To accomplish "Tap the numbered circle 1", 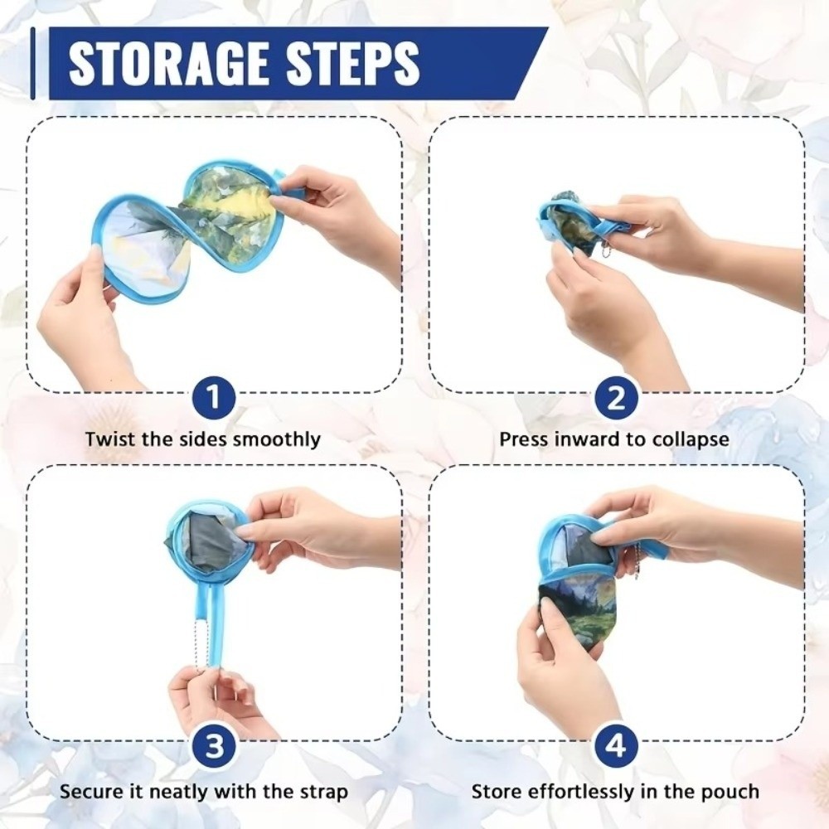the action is click(x=214, y=397).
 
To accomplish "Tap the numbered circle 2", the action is click(x=616, y=397).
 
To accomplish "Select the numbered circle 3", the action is click(x=214, y=746).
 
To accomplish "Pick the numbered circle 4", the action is click(x=616, y=746).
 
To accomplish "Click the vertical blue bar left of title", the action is click(x=33, y=64).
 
